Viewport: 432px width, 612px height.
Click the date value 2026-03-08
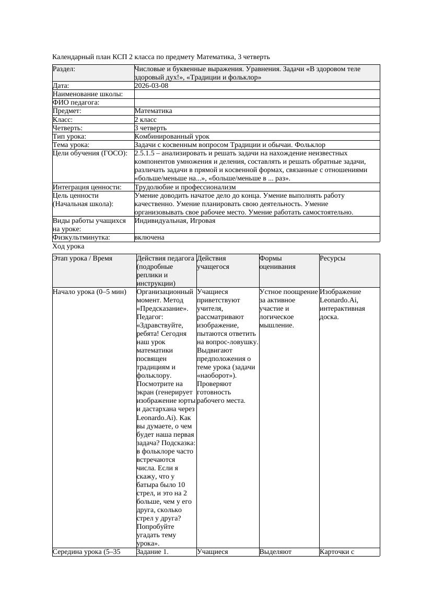click(151, 86)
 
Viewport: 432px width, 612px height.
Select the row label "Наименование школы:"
click(88, 94)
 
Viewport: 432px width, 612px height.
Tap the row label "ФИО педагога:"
click(76, 103)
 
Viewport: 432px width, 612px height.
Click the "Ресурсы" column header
click(332, 258)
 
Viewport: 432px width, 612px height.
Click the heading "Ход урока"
click(68, 246)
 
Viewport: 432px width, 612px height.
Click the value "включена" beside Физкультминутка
click(149, 237)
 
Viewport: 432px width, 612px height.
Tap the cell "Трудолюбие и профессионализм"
click(185, 187)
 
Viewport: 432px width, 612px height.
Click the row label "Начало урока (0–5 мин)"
click(90, 292)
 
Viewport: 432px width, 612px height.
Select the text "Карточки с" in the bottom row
click(337, 551)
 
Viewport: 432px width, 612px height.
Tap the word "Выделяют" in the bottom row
click(275, 551)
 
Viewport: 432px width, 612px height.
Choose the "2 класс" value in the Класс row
click(146, 119)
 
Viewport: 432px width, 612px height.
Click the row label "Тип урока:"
click(69, 136)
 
